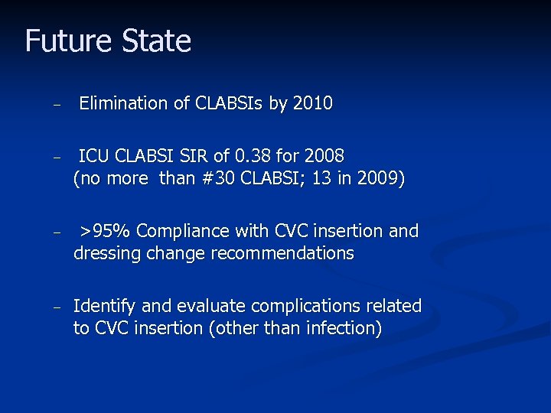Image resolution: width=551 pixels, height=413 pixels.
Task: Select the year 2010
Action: pos(312,103)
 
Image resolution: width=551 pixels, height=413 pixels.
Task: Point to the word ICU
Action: pos(94,157)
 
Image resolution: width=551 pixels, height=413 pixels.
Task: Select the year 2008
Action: pos(323,157)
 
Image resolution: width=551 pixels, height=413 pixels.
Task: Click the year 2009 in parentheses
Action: pos(372,179)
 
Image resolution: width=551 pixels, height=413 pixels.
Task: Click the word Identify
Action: pos(104,306)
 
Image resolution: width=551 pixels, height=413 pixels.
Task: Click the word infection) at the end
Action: pos(344,328)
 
